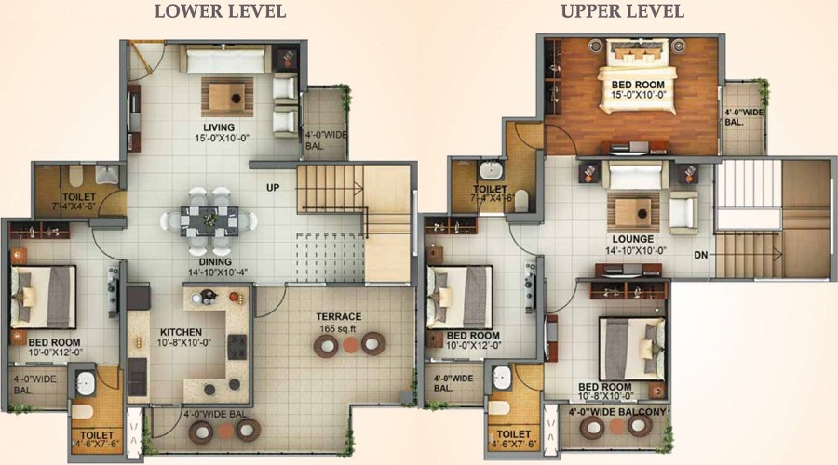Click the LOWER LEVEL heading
[220, 11]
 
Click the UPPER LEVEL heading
[623, 11]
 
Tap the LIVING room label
[219, 127]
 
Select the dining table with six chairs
[209, 220]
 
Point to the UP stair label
[273, 188]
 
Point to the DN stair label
[700, 255]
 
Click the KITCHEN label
[181, 332]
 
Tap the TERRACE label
[338, 316]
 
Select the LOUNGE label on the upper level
[633, 239]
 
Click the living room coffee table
[227, 97]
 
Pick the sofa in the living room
[225, 59]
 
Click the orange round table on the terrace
[350, 345]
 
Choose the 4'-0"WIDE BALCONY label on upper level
[617, 412]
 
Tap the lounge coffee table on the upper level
[633, 212]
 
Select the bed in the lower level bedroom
[43, 297]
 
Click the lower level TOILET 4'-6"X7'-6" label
[97, 439]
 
